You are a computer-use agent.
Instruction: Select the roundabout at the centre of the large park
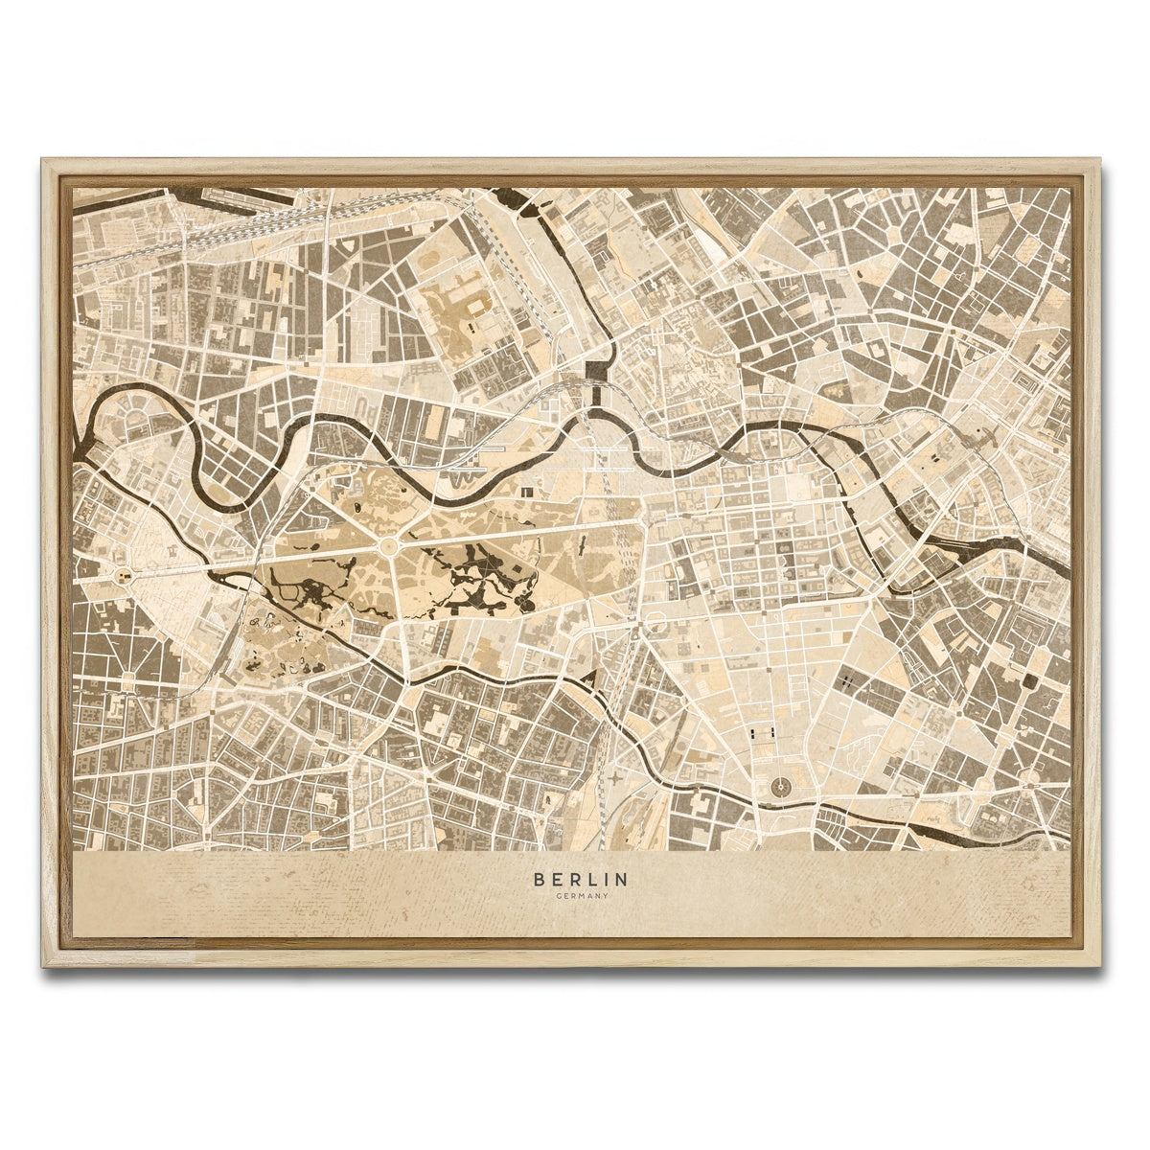click(389, 547)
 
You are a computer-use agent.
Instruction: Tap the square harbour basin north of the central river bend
click(599, 369)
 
